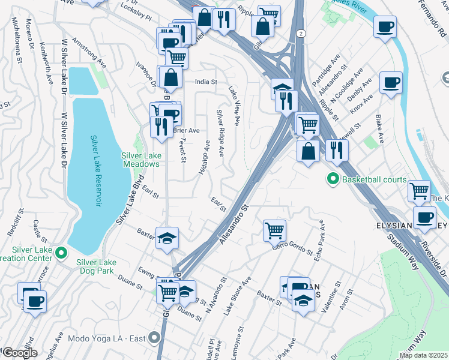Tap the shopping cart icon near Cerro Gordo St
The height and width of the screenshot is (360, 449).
click(274, 230)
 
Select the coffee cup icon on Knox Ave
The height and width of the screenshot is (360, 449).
click(391, 83)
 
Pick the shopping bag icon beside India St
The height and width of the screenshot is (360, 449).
click(171, 76)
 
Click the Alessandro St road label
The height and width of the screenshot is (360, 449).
click(234, 225)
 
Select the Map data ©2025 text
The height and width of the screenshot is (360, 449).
click(423, 355)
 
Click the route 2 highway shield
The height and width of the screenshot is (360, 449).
click(300, 34)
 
